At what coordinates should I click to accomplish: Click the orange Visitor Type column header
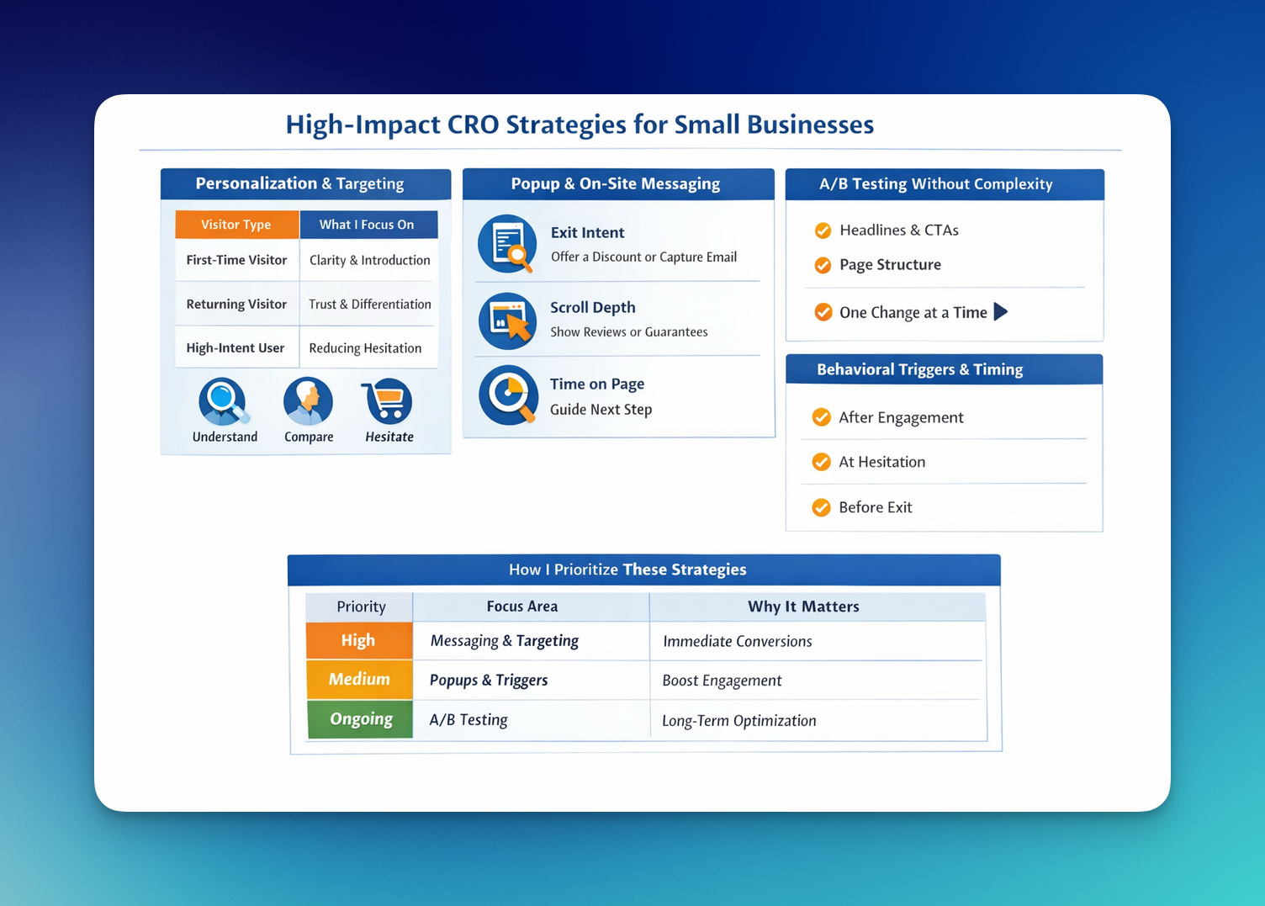(x=236, y=225)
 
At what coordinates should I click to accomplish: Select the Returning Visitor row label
(x=236, y=305)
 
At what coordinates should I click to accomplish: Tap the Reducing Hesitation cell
(x=365, y=348)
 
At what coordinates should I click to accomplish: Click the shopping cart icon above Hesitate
(x=388, y=401)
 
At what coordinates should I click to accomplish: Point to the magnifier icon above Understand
(x=223, y=401)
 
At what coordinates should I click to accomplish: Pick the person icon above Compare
(x=308, y=401)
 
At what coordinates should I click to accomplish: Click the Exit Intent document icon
(x=507, y=244)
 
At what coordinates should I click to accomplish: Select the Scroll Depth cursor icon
(x=508, y=321)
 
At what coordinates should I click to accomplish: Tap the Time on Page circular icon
(x=508, y=395)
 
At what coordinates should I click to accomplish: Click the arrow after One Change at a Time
(x=1000, y=312)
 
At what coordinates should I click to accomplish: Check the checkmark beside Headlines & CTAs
(x=823, y=230)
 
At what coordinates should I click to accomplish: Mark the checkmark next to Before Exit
(x=822, y=507)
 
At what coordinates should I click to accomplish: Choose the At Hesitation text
(x=881, y=462)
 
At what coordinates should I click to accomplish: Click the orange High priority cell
(x=359, y=641)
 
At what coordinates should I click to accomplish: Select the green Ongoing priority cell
(x=360, y=719)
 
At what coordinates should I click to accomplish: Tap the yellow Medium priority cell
(x=359, y=680)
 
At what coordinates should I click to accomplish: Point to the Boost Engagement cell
(x=722, y=681)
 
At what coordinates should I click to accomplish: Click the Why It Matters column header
(x=803, y=607)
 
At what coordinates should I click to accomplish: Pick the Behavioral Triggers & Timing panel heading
(x=920, y=369)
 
